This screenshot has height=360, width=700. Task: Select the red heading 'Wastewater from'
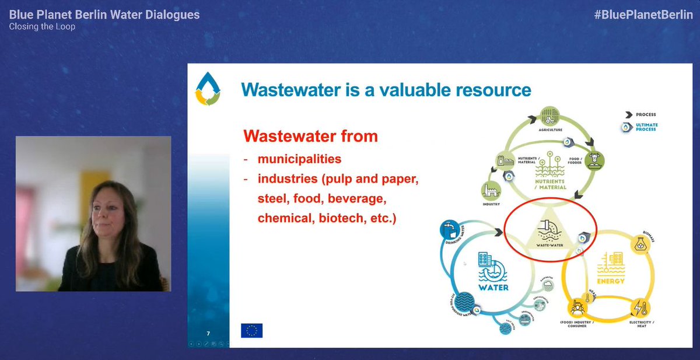click(x=310, y=137)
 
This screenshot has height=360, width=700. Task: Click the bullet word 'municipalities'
click(x=300, y=159)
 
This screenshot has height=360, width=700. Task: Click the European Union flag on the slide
click(x=251, y=330)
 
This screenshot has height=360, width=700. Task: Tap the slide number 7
click(x=208, y=334)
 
